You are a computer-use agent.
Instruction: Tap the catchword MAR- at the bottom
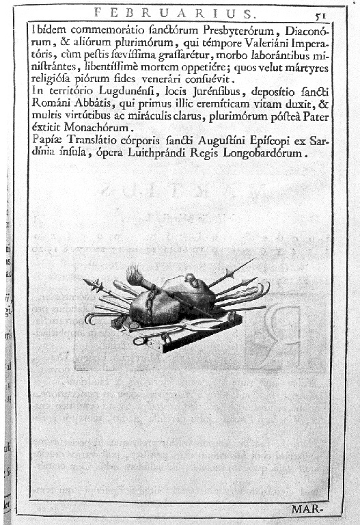[307, 509]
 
